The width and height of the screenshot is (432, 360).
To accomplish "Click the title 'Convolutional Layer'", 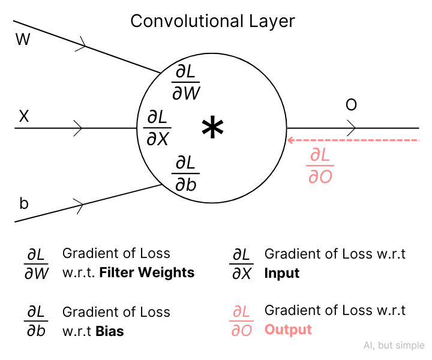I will [212, 22].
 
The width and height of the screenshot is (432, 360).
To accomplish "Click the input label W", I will [23, 40].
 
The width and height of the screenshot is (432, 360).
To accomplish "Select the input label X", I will [24, 116].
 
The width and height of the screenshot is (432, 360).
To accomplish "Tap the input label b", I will [24, 203].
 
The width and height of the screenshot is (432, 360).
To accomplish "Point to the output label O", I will [351, 106].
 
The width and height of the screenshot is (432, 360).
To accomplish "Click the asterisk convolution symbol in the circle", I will [212, 128].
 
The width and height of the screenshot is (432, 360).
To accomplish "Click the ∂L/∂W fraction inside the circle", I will [186, 83].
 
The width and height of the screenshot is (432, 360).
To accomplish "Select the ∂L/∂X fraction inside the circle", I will [158, 128].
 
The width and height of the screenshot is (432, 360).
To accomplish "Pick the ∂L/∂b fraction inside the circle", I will [186, 173].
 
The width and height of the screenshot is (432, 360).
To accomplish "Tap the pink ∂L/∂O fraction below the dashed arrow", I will [320, 166].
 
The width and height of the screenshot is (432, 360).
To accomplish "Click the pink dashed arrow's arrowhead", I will [291, 140].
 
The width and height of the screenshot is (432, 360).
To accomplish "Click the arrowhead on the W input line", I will [85, 43].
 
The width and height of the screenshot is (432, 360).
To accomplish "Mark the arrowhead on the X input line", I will [79, 128].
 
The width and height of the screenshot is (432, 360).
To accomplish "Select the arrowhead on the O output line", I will [352, 128].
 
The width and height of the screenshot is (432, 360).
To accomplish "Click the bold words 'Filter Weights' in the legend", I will [147, 272].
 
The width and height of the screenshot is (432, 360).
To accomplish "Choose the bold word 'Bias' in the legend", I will [110, 331].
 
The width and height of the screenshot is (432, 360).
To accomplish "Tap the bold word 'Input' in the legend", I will [282, 273].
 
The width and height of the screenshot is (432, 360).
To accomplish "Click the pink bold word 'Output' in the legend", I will [288, 329].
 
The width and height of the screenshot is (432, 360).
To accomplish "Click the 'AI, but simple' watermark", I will [394, 346].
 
